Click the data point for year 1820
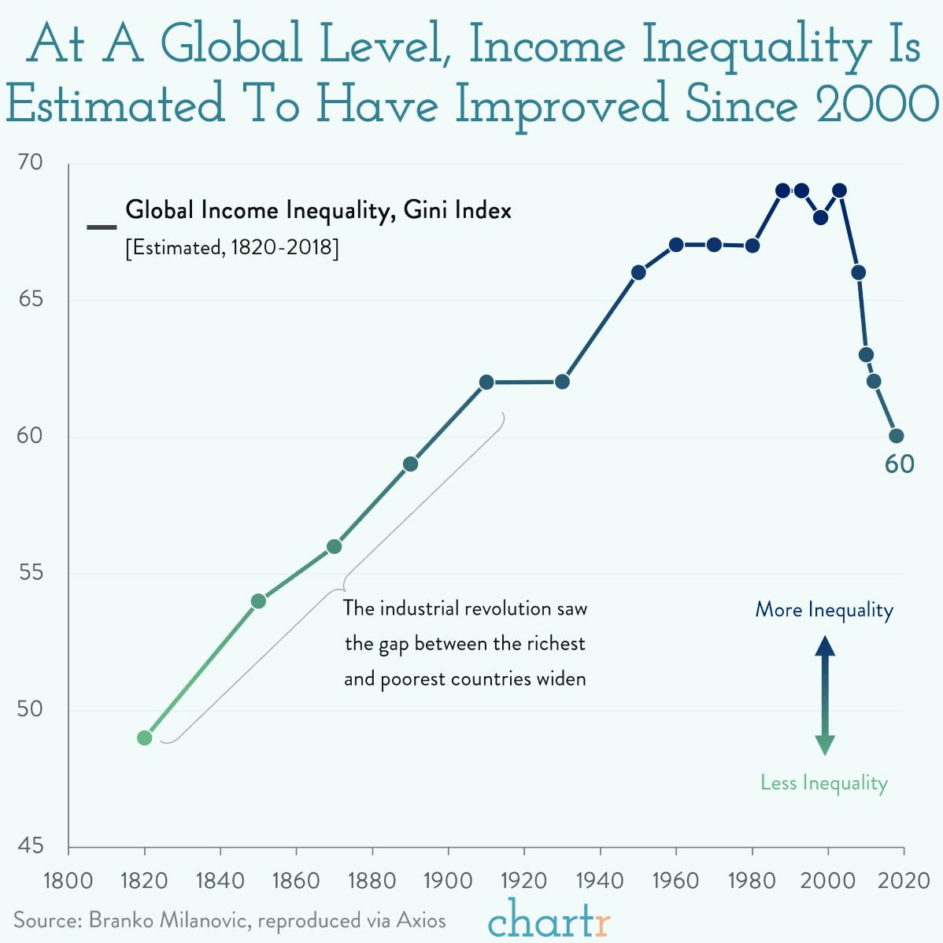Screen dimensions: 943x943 144,738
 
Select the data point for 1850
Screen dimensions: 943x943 258,601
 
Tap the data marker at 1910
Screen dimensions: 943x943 486,382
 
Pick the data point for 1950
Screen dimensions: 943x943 638,272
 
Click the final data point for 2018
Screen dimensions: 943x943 896,436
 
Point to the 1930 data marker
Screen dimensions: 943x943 562,382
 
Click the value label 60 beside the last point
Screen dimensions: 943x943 899,465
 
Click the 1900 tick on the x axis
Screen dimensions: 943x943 448,879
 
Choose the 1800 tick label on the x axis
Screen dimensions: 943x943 68,879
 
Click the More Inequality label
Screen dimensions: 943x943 824,610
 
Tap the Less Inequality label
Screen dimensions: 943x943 824,782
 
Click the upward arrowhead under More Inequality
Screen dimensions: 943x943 824,647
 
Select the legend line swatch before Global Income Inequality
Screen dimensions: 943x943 102,228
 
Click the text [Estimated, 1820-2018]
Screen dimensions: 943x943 232,248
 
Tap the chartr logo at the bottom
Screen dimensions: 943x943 549,919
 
